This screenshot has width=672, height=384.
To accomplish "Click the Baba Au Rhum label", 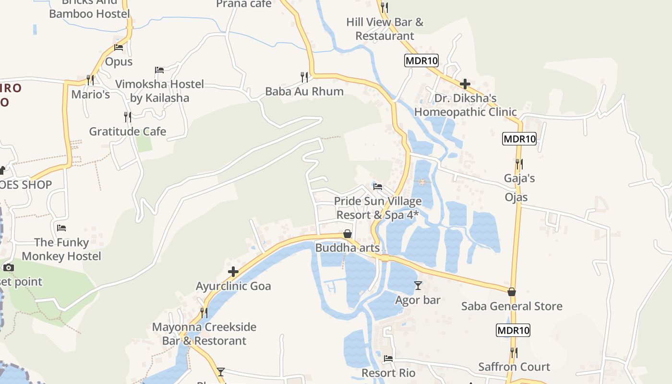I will (x=304, y=91).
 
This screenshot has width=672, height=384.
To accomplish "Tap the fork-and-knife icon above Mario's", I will (x=90, y=79).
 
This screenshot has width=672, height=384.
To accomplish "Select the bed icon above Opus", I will (x=119, y=48).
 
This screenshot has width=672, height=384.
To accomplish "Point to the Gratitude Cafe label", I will (x=128, y=132).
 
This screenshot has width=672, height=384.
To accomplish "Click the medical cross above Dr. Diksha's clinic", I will (x=465, y=84).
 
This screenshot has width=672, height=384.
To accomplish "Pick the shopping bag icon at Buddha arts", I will (x=348, y=234).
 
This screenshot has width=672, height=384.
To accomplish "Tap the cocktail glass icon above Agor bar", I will (x=418, y=286).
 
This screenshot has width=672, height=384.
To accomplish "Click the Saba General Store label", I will (x=512, y=306).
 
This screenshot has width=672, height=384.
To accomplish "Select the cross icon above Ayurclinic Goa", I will (x=233, y=272).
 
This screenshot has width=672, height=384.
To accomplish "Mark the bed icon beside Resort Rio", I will (x=388, y=358).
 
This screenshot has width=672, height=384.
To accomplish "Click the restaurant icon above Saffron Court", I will (x=514, y=353).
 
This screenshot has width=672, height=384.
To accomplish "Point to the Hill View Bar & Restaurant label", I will (x=385, y=29).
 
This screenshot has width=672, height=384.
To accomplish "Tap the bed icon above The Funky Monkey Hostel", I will (x=61, y=228).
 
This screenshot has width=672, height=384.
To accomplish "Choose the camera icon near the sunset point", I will (x=9, y=267).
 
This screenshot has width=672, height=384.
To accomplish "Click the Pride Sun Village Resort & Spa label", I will (x=378, y=208).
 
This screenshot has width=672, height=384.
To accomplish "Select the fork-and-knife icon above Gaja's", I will (x=519, y=164).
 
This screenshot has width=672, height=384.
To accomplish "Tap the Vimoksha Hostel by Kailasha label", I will (x=160, y=91).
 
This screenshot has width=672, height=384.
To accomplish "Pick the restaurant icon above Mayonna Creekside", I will (x=204, y=312).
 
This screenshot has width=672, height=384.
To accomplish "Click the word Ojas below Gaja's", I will (x=516, y=197).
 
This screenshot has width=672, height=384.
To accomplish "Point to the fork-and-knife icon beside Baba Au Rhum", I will (x=304, y=77).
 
